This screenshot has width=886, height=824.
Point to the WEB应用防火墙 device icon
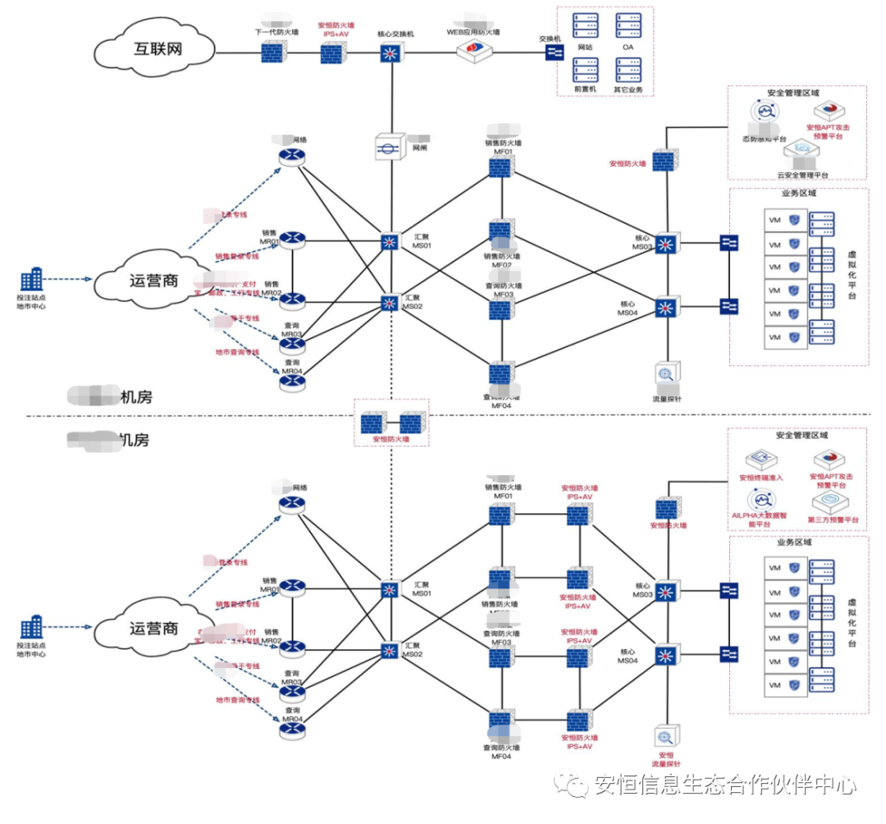click(476, 50)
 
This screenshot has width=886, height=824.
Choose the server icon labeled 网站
click(585, 27)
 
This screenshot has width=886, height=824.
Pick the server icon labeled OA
click(629, 27)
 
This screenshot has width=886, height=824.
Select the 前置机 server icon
click(585, 69)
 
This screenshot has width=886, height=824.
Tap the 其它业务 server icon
click(629, 69)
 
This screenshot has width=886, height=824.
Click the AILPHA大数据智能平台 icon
click(762, 501)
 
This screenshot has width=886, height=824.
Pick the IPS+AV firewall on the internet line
click(332, 53)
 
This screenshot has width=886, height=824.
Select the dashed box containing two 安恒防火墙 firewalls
click(390, 423)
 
